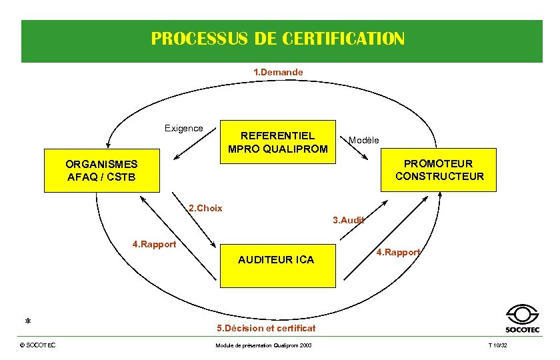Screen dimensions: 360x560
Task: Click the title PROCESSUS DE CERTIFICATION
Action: point(277,39)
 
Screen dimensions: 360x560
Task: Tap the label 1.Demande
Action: point(277,72)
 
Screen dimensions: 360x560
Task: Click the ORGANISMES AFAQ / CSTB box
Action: point(101,170)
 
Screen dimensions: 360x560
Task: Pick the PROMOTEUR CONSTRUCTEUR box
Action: point(439,170)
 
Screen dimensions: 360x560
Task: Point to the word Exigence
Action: point(183,129)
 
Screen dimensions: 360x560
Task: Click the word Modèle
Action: point(364,140)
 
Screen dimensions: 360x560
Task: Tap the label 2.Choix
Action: point(205,209)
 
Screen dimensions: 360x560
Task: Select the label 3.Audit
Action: point(348,219)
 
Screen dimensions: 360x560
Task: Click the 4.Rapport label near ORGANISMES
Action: point(154,245)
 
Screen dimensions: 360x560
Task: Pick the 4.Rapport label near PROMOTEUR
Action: point(398,253)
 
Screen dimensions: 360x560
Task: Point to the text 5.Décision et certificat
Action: point(267,329)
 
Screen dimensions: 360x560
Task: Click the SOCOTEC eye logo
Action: point(522,314)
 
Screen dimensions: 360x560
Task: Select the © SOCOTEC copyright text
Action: point(38,345)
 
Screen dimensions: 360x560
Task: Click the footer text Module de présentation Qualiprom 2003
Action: point(264,345)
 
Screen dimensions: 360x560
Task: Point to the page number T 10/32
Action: point(497,345)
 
